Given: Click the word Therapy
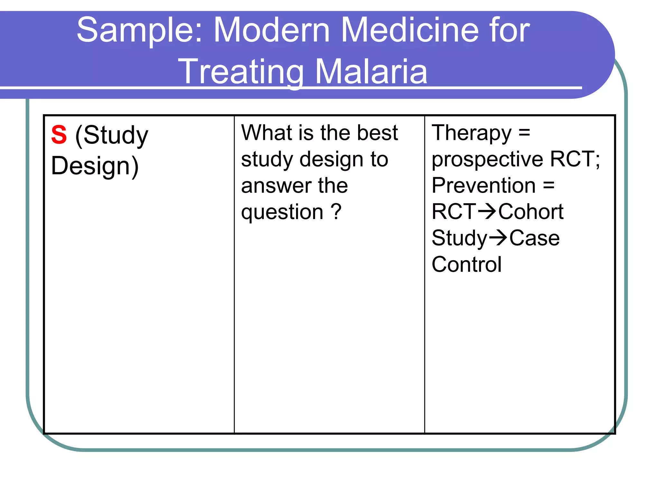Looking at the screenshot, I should (471, 133).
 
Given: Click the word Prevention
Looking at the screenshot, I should (484, 186).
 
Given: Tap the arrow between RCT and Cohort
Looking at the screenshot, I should (487, 212).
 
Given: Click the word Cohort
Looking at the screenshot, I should (531, 212).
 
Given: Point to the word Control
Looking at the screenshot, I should (466, 264).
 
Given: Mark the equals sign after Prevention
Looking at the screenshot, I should (549, 186).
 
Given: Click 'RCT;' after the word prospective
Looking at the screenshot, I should (575, 159).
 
